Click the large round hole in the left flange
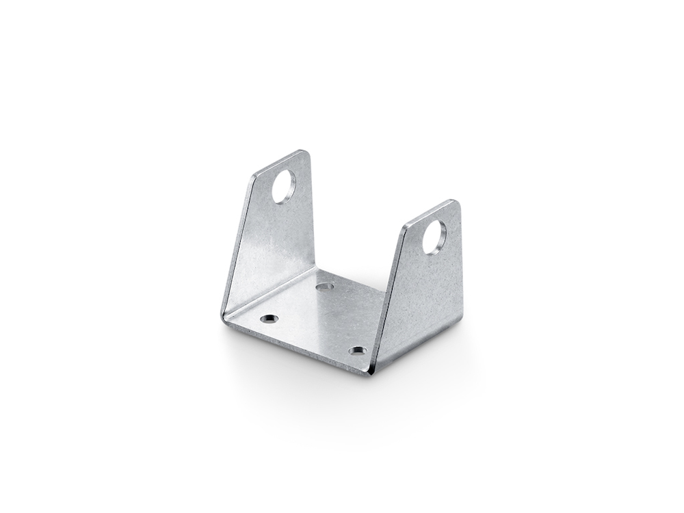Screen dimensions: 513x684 (283, 186)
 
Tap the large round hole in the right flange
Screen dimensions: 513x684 (434, 237)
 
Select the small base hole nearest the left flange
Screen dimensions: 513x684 (269, 319)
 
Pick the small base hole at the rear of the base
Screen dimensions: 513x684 (325, 286)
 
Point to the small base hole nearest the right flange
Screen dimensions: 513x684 (357, 351)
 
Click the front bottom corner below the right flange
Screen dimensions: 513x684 (369, 373)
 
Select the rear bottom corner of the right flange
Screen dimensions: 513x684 (461, 318)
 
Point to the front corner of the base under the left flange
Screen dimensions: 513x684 (224, 316)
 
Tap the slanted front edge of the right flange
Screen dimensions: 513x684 (387, 294)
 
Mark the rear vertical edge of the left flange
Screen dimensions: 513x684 (312, 212)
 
